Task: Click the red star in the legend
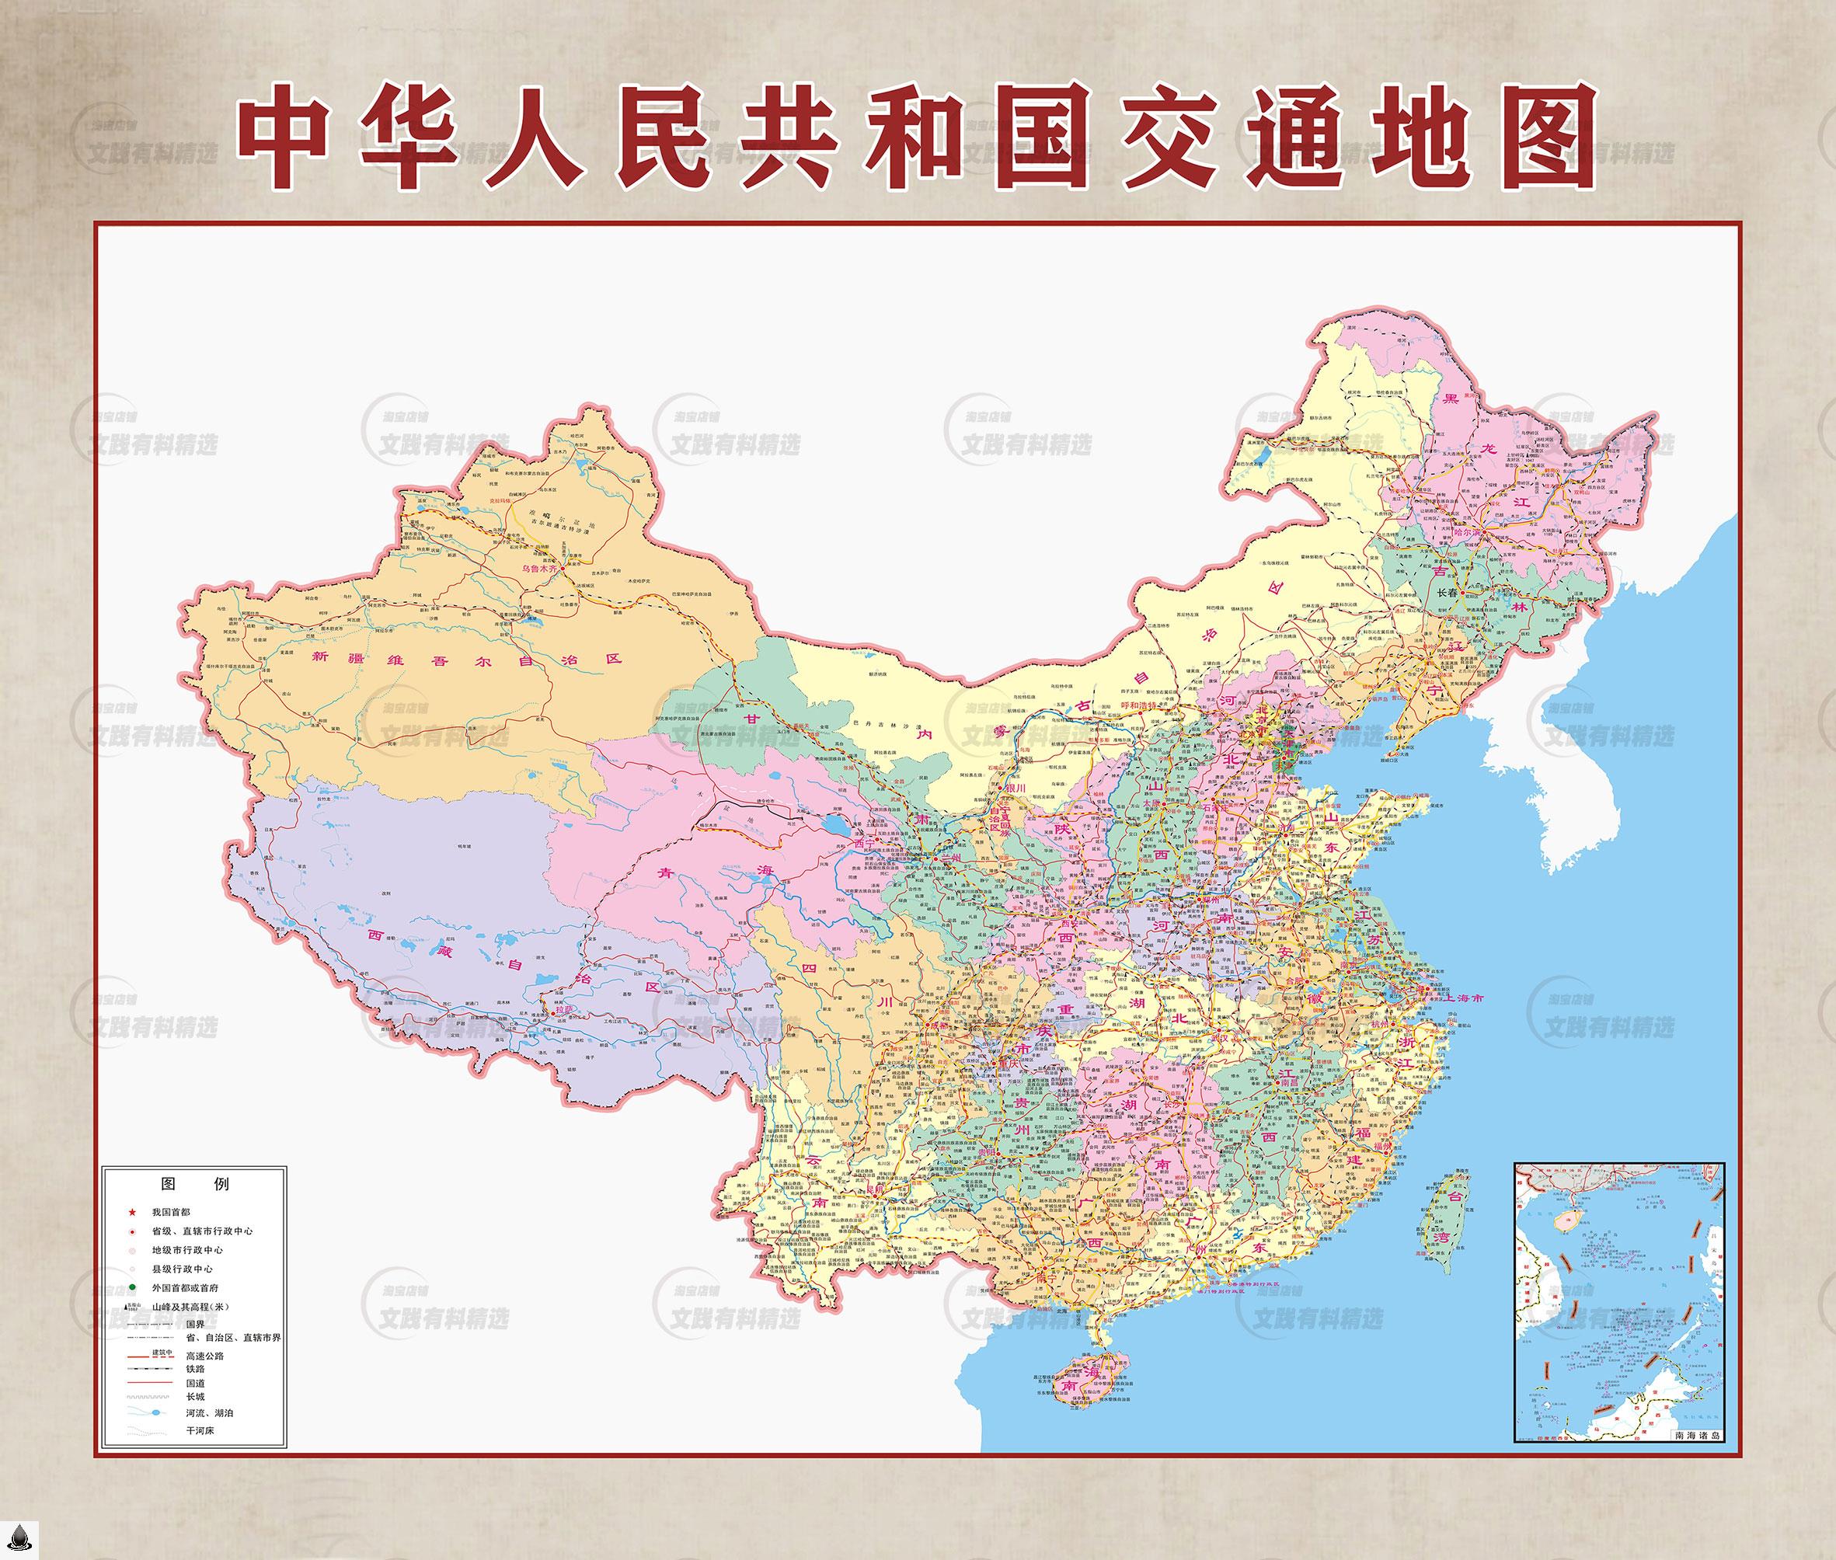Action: [x=132, y=1213]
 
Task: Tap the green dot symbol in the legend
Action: [x=132, y=1287]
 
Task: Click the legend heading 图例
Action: [x=193, y=1183]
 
